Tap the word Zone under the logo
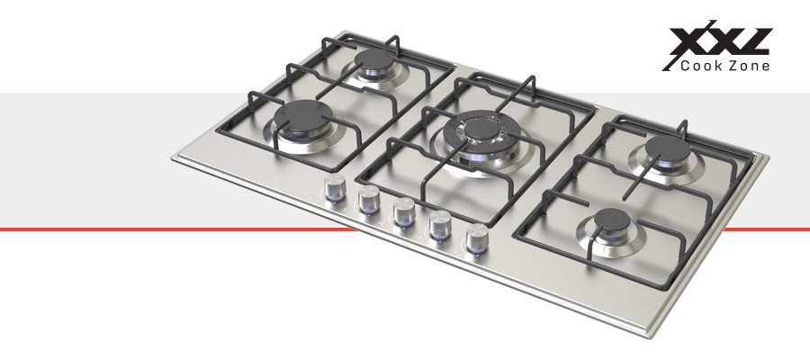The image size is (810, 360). coord(750,66)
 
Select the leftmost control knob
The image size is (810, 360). coord(335,187)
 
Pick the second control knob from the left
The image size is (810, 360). coord(369,199)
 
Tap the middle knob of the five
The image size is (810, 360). coord(404,211)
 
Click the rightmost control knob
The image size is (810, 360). coord(477,238)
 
